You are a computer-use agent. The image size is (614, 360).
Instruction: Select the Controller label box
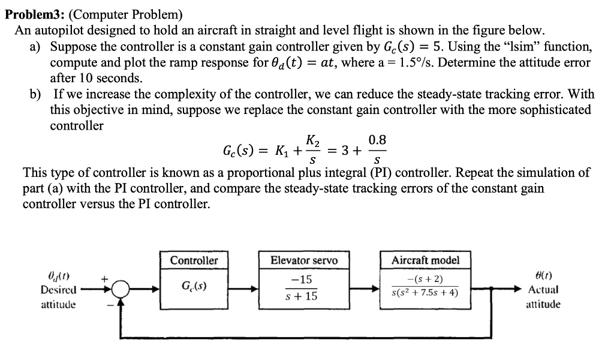point(194,260)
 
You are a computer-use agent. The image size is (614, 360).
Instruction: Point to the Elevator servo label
point(304,260)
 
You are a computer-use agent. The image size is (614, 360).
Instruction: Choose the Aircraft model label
point(425,260)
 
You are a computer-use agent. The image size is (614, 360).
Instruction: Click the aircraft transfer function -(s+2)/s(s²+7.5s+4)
point(425,289)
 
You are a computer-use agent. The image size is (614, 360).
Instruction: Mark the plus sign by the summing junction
point(104,278)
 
